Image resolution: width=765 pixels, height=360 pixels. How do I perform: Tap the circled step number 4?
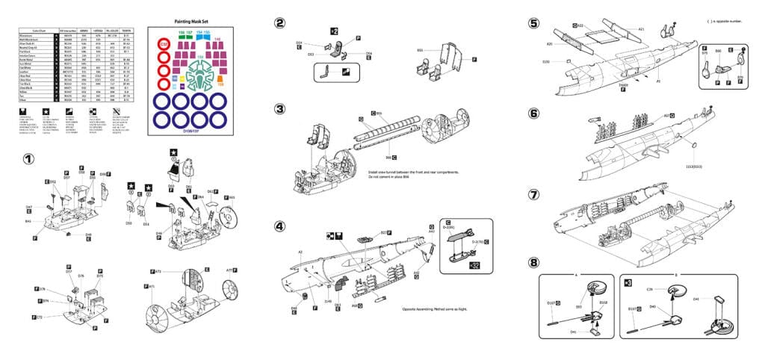tap(279, 226)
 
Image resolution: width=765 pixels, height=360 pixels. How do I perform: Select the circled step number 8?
tap(533, 262)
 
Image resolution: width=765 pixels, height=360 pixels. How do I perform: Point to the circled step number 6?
tap(533, 114)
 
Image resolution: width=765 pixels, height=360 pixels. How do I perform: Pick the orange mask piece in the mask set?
tap(220, 84)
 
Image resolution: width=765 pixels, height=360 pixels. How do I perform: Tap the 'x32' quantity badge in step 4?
tap(474, 264)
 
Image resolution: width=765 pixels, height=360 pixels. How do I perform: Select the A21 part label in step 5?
tap(641, 29)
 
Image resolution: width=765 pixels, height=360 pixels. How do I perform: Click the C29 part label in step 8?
tap(649, 288)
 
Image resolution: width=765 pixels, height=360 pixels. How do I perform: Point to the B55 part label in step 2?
tap(420, 50)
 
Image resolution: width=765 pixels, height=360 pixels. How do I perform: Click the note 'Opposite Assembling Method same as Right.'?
tap(436, 308)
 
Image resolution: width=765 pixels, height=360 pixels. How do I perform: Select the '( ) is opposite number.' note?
tap(722, 21)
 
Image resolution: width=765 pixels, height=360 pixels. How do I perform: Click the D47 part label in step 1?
tap(29, 207)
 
